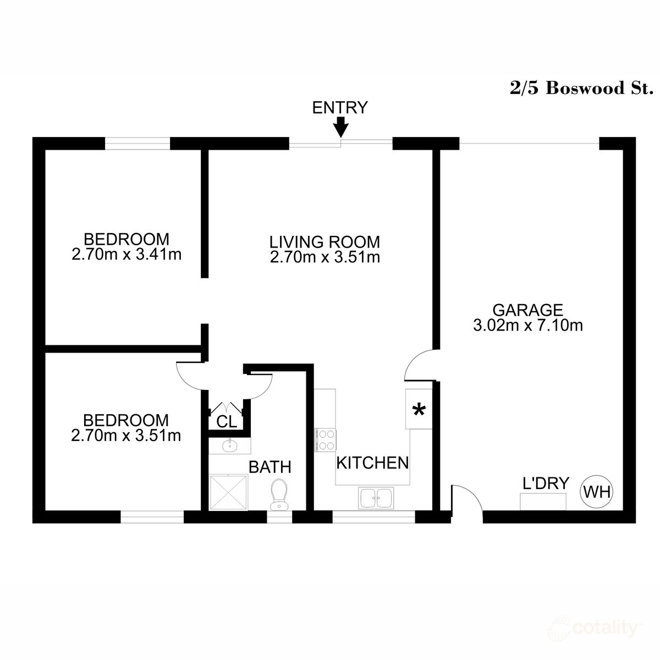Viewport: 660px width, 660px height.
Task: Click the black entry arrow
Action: pos(341,127)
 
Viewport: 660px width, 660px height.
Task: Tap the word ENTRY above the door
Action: pos(339,108)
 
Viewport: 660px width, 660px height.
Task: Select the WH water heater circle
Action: pos(597,492)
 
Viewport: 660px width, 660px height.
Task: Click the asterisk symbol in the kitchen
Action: pos(419,410)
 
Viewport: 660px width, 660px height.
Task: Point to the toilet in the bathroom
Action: pos(279,493)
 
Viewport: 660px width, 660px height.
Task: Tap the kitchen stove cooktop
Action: pos(325,440)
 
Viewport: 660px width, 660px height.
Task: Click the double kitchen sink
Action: pos(376,498)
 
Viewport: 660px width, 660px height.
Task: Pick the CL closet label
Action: pos(227,422)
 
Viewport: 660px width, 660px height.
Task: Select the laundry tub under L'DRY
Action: pos(543,501)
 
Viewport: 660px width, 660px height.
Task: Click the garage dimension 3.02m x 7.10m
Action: pos(527,326)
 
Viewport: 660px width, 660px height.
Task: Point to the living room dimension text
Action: pos(324,257)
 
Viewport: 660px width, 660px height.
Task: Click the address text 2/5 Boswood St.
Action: pos(581,89)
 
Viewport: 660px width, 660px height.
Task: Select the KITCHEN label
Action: pos(372,463)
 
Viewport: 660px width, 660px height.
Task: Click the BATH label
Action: pos(269,468)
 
